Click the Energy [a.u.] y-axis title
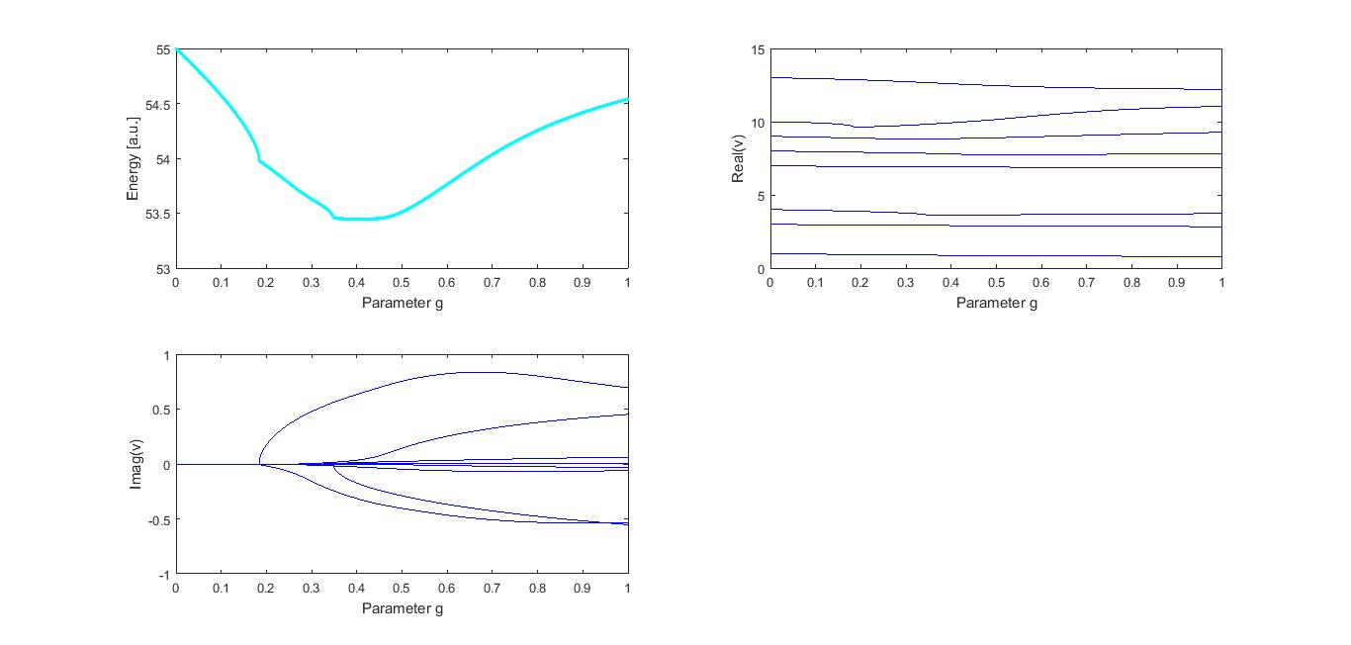pos(133,158)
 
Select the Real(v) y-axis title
pos(737,159)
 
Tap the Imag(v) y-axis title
pos(138,464)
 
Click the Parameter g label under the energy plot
pos(402,302)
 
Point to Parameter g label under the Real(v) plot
pos(996,302)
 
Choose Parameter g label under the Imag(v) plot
pos(402,607)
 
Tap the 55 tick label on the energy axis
pos(162,49)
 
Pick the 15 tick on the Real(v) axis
pos(757,49)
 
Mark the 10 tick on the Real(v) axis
pos(757,123)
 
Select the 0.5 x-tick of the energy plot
pos(402,283)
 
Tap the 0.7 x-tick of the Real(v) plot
pos(1086,283)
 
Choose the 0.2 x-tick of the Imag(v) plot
pos(266,589)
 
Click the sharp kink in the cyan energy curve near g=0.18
pos(259,160)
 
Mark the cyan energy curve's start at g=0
pos(177,49)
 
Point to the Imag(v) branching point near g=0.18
pos(259,463)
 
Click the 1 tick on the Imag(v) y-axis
pos(166,355)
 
